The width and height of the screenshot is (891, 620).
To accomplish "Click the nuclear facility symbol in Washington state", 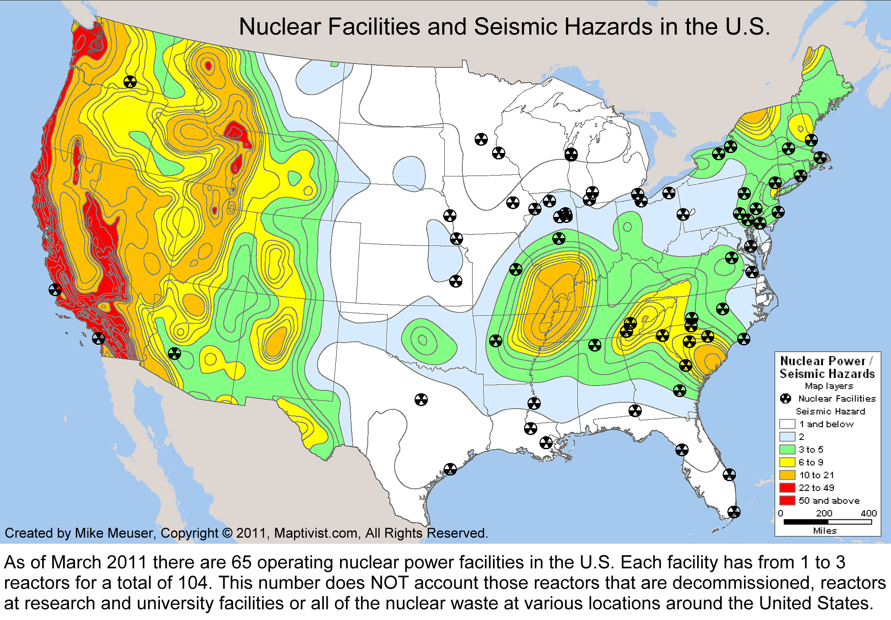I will coord(130,81).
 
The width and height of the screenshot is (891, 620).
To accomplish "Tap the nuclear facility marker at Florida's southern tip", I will coord(734,512).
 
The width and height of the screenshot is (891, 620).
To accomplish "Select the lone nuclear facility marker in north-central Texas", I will coord(421,399).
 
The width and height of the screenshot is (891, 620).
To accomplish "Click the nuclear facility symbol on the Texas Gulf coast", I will coord(450,469).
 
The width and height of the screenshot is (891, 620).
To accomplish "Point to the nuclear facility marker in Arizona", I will coord(174,353).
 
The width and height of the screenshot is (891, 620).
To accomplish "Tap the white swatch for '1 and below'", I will coord(787,424).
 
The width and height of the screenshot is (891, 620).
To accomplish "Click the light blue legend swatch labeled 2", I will coord(787,437).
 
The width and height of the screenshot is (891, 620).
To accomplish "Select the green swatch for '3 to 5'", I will coord(787,450).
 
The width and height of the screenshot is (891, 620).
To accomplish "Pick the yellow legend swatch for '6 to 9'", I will coord(787,462).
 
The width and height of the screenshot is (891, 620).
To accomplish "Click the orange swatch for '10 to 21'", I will coord(787,475).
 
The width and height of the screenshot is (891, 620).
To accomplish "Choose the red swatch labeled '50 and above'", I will coord(787,500).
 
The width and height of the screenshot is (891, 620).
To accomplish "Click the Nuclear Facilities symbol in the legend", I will coord(785,398).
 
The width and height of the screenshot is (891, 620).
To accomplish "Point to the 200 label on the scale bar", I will coord(824,513).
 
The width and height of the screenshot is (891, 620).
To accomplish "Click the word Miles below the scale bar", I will coord(825,531).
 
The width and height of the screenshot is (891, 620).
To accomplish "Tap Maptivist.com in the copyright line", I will coord(315,533).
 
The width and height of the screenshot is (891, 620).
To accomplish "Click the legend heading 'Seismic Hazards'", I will coord(827,374).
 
